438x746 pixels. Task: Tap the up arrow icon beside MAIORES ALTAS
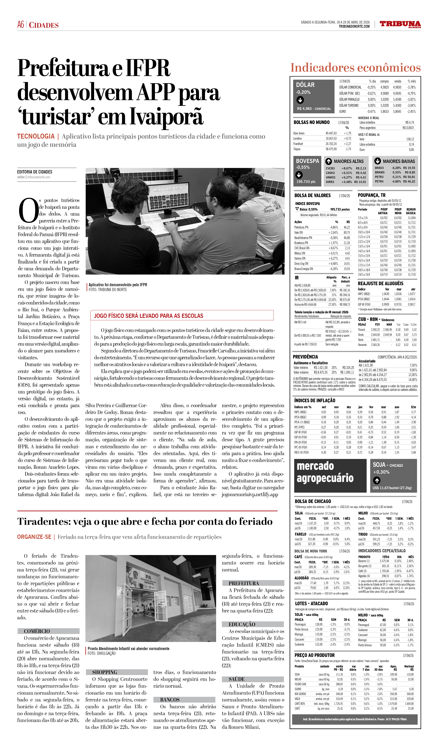pyautogui.click(x=328, y=161)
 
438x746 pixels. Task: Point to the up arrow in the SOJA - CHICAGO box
pyautogui.click(x=376, y=480)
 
